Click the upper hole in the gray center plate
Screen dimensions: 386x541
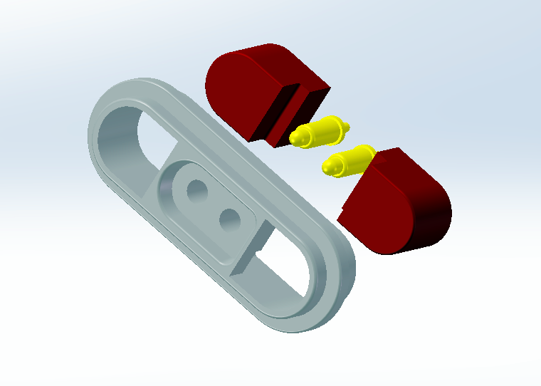click(196, 189)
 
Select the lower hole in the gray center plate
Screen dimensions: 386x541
click(229, 219)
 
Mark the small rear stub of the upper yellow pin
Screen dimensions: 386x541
click(347, 127)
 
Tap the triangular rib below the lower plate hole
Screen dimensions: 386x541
click(249, 253)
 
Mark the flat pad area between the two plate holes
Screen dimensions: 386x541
click(213, 204)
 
